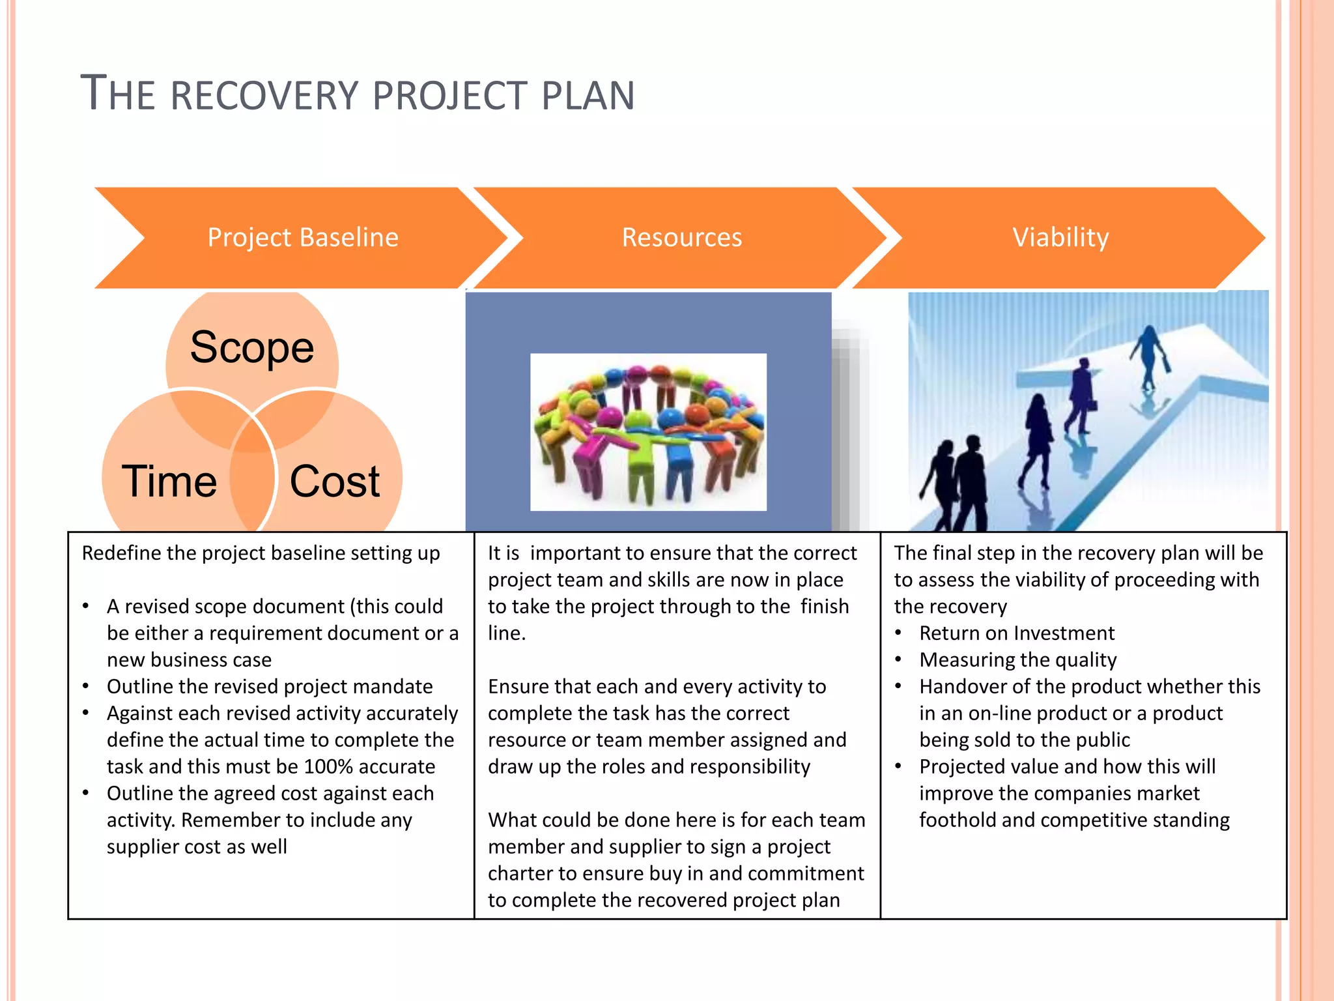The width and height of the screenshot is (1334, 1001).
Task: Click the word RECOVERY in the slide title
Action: [x=264, y=96]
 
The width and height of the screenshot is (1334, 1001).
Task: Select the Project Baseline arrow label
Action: [x=303, y=237]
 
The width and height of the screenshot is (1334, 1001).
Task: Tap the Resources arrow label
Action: [x=681, y=237]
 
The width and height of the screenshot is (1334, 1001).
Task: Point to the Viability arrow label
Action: [x=1060, y=237]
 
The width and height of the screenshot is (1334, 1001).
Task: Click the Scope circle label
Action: [x=251, y=347]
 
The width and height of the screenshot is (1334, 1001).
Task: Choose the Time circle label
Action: [x=169, y=482]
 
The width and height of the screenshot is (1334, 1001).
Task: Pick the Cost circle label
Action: [x=334, y=482]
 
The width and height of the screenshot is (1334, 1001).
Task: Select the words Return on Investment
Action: [x=1017, y=633]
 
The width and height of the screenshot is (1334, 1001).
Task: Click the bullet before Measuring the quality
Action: [x=898, y=660]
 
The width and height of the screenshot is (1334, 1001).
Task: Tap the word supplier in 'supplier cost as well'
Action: [x=143, y=847]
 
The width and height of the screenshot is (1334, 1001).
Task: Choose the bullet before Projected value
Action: [x=898, y=766]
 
